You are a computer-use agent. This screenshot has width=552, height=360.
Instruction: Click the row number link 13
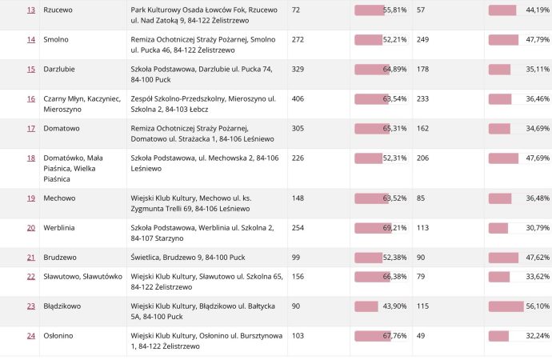[x=31, y=10]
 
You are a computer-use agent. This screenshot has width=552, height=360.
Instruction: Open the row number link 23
[x=31, y=306]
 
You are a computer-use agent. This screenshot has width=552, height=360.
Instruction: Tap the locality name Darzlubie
[x=60, y=69]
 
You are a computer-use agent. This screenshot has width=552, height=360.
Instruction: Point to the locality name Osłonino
[x=58, y=335]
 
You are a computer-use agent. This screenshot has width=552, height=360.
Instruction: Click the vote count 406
[x=299, y=98]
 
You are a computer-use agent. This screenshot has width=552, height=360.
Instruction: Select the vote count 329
[x=299, y=69]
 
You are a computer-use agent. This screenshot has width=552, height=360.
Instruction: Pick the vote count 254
[x=299, y=227]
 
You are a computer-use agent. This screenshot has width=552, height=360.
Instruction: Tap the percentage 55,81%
[x=395, y=10]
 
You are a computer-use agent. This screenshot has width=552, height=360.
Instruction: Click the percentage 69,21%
[x=395, y=227]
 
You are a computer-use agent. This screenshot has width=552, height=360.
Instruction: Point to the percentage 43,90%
[x=395, y=306]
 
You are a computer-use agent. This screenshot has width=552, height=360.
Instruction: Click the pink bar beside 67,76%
[x=370, y=335]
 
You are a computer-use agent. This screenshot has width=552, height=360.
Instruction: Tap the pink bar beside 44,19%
[x=502, y=10]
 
